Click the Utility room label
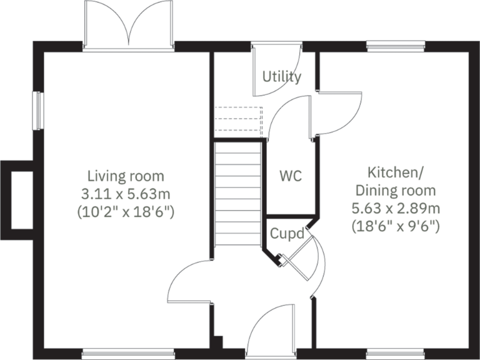tap(282, 77)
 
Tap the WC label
tap(290, 176)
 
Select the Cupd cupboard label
tap(287, 234)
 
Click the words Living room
tap(126, 176)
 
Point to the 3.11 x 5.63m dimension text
tap(126, 194)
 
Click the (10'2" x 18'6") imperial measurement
tap(126, 212)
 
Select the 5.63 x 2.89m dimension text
tap(396, 208)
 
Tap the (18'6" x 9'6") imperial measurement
tap(396, 226)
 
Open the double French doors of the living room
tap(128, 28)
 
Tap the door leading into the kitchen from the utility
tap(337, 116)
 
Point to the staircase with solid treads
tap(237, 194)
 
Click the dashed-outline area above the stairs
tap(238, 121)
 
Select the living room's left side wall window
tap(37, 111)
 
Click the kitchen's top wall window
tap(396, 46)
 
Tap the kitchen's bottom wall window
tap(396, 354)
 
